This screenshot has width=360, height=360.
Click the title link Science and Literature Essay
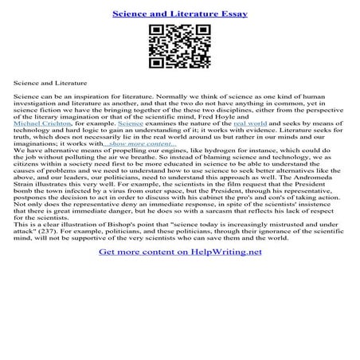(x=179, y=14)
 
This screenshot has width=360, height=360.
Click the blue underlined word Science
(x=131, y=125)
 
